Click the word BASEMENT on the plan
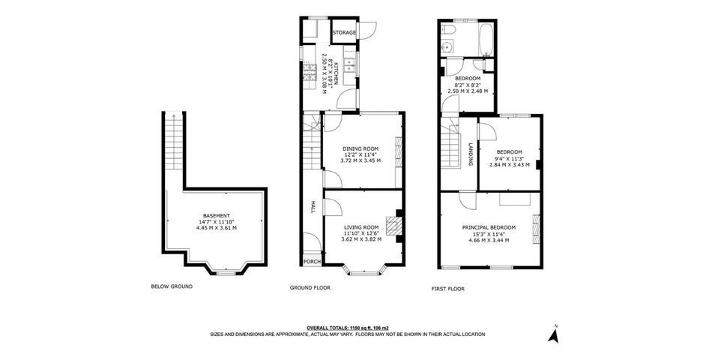[216, 216]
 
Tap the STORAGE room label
[344, 33]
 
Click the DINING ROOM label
[360, 148]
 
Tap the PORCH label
[312, 262]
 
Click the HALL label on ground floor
[312, 207]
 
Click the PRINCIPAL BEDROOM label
[488, 227]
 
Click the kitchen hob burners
[310, 73]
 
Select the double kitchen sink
[350, 64]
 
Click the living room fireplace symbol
[394, 226]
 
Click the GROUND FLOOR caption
[310, 288]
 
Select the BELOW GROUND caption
[172, 286]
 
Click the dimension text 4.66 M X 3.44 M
[488, 240]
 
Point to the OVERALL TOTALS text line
[348, 328]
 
